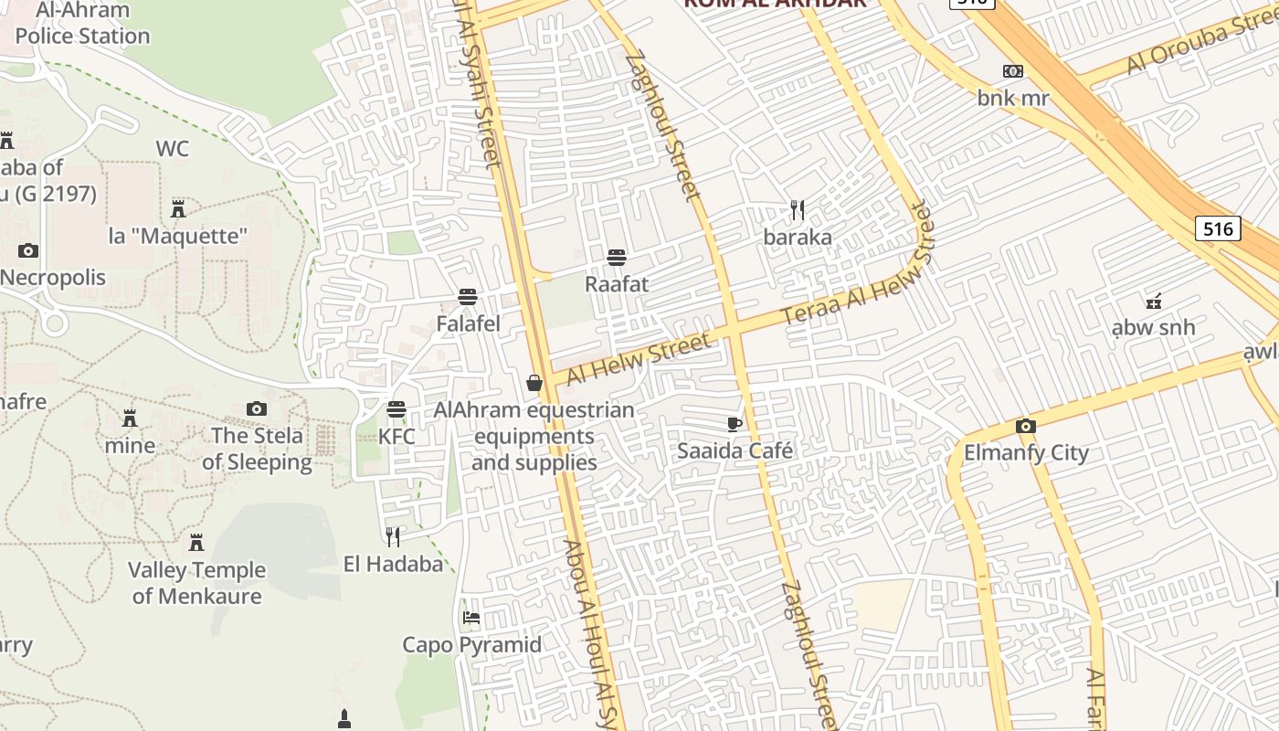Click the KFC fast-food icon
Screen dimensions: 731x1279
click(x=396, y=408)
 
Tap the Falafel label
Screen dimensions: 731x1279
click(x=468, y=323)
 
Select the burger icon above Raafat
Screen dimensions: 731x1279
click(x=617, y=257)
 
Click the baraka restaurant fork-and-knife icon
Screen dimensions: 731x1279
click(x=798, y=211)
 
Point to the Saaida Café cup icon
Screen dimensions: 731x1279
click(x=735, y=423)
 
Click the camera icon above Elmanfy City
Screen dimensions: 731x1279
click(x=1026, y=426)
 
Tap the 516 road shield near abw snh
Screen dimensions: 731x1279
click(x=1218, y=228)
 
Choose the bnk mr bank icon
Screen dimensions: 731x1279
click(x=1012, y=71)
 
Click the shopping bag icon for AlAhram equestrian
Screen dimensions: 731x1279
click(x=534, y=383)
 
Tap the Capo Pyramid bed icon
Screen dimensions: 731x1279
click(x=471, y=618)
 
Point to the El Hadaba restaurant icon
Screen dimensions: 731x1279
click(x=393, y=536)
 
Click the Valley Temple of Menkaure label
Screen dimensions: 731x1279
click(x=196, y=583)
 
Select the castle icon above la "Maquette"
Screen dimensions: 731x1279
click(x=178, y=209)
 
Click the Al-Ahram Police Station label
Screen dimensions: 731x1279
click(x=82, y=24)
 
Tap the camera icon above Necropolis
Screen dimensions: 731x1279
click(x=28, y=250)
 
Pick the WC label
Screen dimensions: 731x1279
click(x=172, y=149)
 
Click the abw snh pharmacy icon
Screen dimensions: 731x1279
click(x=1154, y=300)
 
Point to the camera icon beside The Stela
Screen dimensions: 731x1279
click(x=257, y=408)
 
